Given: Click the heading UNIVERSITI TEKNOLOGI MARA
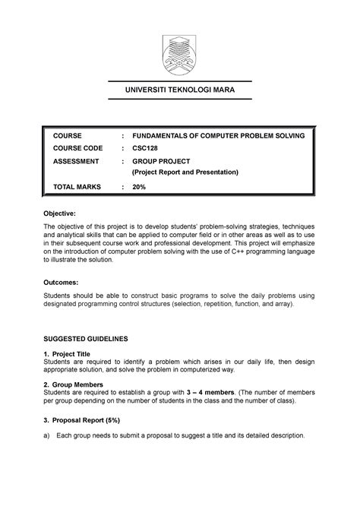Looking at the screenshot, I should (180, 91).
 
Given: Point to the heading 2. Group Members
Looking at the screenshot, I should (77, 386).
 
